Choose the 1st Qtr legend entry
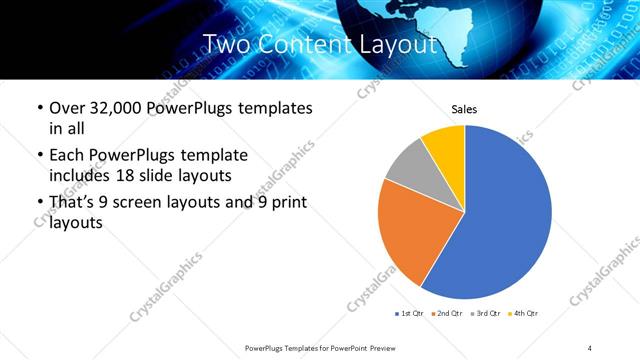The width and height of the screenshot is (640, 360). click(410, 315)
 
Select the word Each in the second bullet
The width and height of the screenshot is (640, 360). click(67, 156)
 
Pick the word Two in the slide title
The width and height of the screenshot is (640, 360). click(225, 45)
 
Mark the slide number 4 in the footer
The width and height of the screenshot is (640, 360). click(590, 347)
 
